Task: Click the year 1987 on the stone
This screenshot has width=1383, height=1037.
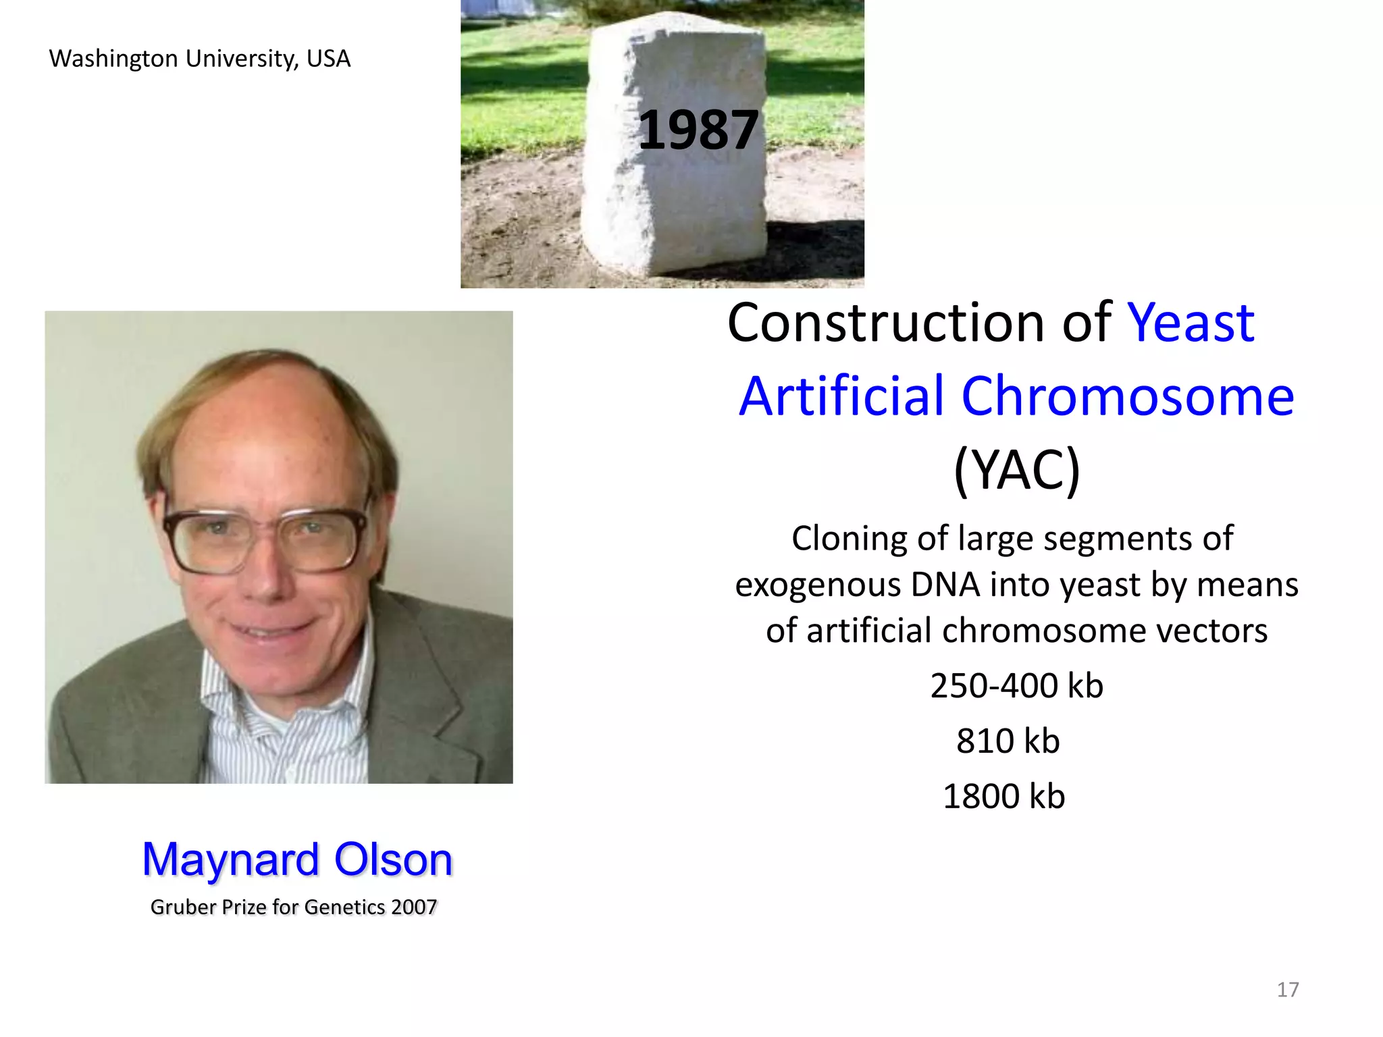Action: (x=698, y=130)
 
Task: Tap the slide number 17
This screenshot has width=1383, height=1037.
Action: (x=1287, y=990)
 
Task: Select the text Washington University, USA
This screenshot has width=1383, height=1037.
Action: (x=200, y=59)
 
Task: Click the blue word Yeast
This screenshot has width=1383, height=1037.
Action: (x=1191, y=323)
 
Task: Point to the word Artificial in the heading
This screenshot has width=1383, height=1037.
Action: (x=841, y=396)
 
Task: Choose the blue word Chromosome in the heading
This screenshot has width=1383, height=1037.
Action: (x=1127, y=396)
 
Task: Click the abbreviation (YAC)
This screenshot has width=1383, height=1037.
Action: (x=1016, y=470)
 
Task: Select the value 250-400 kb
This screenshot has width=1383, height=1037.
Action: (x=1016, y=686)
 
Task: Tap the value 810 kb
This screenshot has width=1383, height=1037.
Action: (x=1008, y=741)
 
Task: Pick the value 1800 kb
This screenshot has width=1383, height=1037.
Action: (x=1003, y=797)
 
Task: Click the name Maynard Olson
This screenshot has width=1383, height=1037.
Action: (x=297, y=860)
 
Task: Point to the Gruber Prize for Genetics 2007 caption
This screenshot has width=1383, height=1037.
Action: (x=294, y=907)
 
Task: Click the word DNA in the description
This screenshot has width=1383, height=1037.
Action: (x=945, y=585)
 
